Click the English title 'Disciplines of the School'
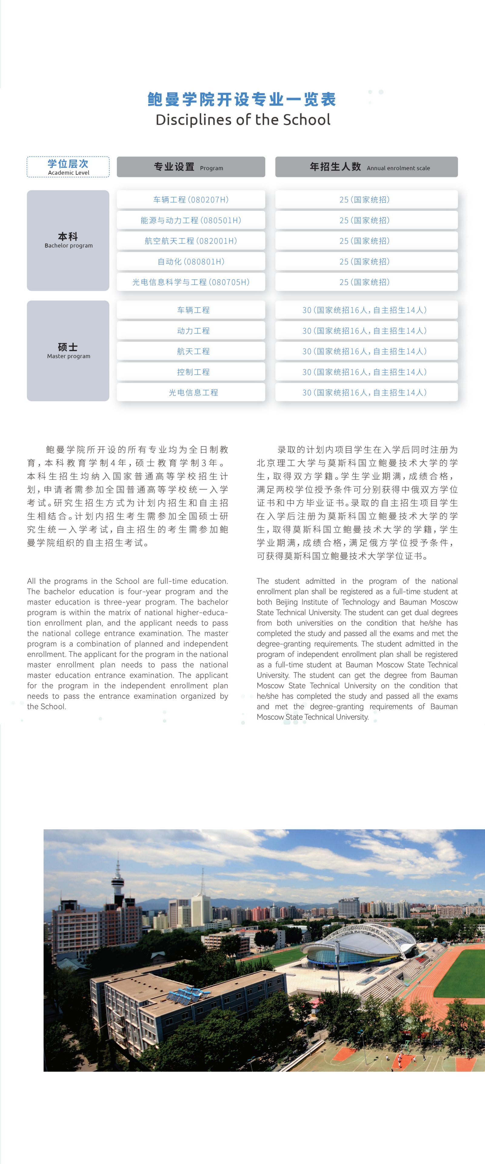coord(243,120)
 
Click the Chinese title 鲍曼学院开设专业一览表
coord(242,99)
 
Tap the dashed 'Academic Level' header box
coord(68,167)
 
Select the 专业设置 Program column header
coord(191,167)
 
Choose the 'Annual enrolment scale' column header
coord(366,167)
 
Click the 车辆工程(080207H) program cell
coord(191,199)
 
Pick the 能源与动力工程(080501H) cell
coord(191,220)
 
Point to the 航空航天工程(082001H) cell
coord(191,241)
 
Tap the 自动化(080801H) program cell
coord(191,261)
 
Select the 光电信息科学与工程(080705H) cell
coord(191,282)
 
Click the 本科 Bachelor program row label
coord(68,240)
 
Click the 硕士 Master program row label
coord(68,351)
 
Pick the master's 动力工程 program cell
coord(193,331)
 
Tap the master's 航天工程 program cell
coord(193,351)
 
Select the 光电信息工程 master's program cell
coord(193,393)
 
